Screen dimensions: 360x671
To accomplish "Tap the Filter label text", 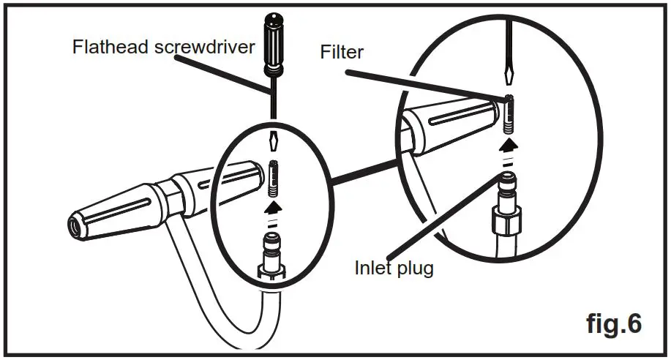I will coord(341,52).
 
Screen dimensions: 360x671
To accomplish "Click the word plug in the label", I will coord(414,269).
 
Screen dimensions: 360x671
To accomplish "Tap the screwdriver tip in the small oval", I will coord(272,140).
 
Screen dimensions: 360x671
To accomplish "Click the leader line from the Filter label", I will coord(424,84).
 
